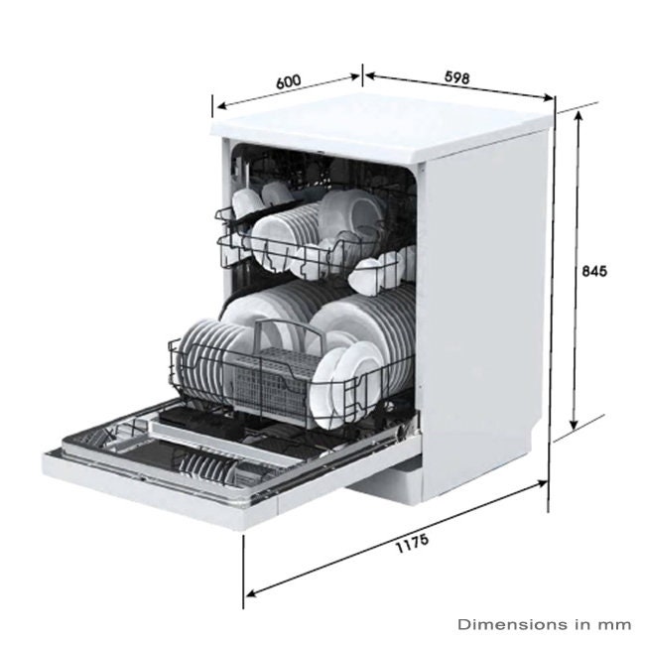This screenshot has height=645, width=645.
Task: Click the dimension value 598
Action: pyautogui.click(x=456, y=76)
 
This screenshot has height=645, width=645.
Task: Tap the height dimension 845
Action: pyautogui.click(x=594, y=270)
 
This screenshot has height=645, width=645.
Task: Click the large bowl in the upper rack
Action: pyautogui.click(x=352, y=213)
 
